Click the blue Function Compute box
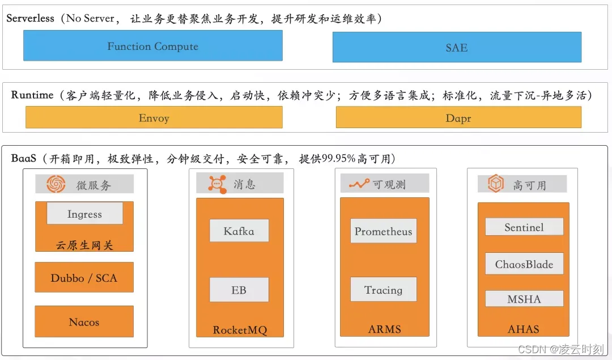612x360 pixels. click(x=152, y=46)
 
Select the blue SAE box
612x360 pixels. click(x=457, y=48)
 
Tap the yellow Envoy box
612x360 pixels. click(x=154, y=118)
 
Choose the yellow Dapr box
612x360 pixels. click(x=458, y=118)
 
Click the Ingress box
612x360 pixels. click(x=84, y=214)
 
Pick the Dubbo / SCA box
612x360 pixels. click(x=84, y=278)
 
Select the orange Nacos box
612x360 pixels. click(x=84, y=322)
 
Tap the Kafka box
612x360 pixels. click(x=239, y=231)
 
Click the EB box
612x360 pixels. click(x=239, y=290)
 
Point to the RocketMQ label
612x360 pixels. click(x=239, y=330)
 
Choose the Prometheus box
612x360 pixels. click(x=384, y=231)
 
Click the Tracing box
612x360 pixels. click(x=384, y=290)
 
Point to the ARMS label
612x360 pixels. click(x=385, y=329)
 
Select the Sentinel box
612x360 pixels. click(x=524, y=227)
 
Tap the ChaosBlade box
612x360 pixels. click(x=524, y=264)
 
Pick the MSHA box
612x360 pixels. click(x=524, y=299)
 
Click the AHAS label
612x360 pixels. click(x=524, y=329)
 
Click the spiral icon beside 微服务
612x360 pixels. click(x=57, y=184)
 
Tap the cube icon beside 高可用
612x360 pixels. click(x=496, y=184)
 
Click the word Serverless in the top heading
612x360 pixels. click(x=30, y=18)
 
